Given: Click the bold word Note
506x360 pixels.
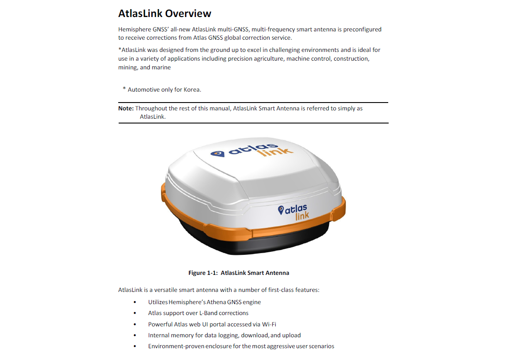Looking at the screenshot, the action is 126,109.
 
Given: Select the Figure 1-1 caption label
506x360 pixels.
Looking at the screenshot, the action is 203,273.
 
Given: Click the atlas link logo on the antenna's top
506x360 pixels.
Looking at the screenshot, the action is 252,151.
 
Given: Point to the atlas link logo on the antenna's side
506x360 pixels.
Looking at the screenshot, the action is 294,212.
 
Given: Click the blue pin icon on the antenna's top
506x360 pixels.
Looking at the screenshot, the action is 218,154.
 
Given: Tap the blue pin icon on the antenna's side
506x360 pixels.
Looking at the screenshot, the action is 281,210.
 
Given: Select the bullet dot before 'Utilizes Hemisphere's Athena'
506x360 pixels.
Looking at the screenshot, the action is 135,302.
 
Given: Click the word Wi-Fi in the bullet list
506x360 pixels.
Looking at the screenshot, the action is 269,325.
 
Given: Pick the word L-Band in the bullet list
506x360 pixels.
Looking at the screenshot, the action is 208,313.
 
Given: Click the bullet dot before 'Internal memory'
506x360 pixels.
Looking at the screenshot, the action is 135,336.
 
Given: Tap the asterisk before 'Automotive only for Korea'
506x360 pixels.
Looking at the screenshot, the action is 124,89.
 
